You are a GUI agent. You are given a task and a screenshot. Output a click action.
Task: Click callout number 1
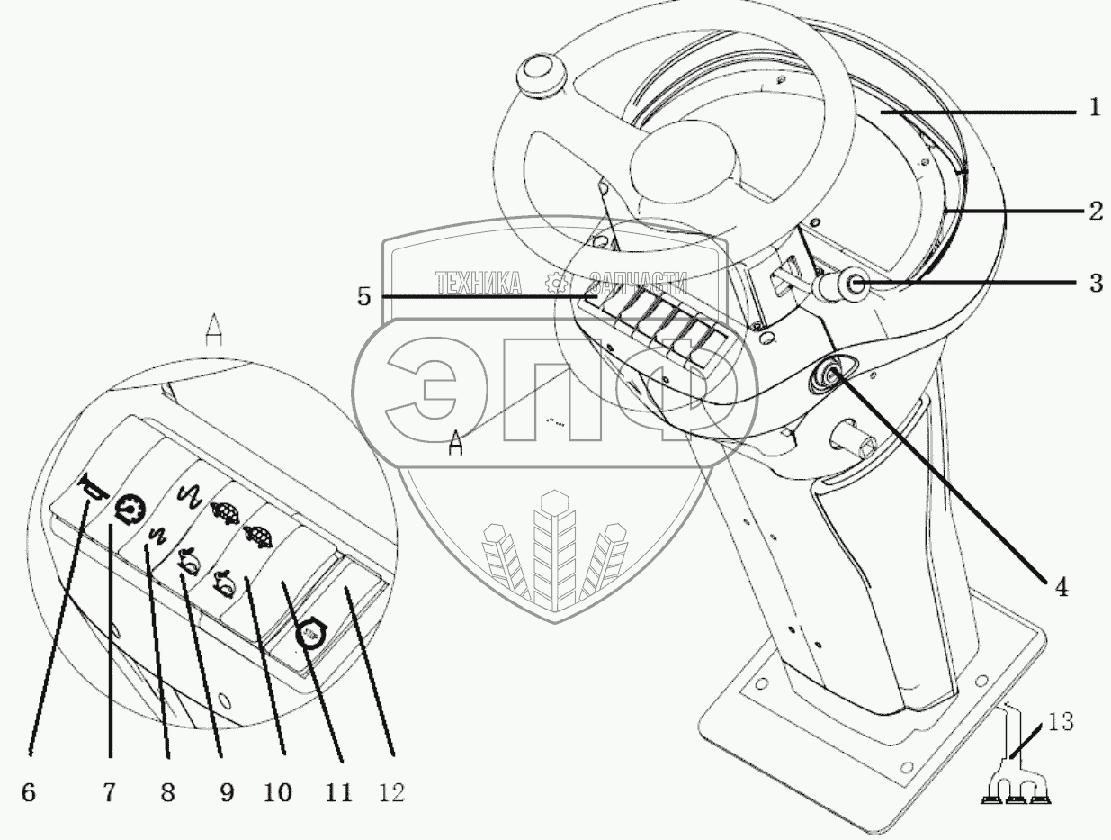click(x=1093, y=110)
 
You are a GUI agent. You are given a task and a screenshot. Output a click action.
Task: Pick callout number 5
click(x=363, y=297)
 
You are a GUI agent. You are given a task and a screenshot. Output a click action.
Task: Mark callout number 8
click(x=166, y=792)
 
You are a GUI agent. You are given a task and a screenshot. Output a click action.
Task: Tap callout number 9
click(x=225, y=792)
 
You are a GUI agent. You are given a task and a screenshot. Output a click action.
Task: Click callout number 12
click(x=391, y=792)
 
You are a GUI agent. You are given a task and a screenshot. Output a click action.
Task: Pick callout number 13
click(x=1059, y=723)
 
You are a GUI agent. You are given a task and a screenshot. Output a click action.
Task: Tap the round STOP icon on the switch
click(x=312, y=633)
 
